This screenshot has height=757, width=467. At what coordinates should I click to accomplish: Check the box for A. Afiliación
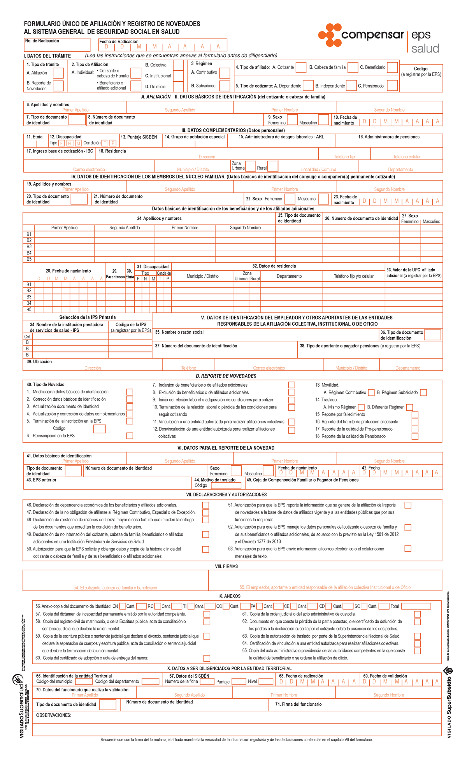coord(58,73)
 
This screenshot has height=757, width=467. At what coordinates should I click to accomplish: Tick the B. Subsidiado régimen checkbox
coord(225,86)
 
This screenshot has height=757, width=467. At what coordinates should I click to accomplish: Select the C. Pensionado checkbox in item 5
coord(392,86)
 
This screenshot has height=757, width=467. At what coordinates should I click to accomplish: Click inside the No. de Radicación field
coord(57,46)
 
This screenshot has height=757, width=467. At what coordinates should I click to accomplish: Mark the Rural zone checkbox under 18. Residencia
coord(273,166)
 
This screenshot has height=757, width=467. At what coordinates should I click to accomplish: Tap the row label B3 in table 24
coord(29,247)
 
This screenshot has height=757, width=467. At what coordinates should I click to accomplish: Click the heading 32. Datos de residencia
coord(274,266)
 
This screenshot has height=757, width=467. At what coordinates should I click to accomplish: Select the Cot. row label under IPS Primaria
coord(28,336)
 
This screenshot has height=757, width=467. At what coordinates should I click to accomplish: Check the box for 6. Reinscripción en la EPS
coord(130,436)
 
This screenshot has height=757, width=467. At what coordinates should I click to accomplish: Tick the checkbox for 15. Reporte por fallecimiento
coord(415,415)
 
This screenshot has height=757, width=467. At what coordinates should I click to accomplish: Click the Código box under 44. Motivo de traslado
coord(227,485)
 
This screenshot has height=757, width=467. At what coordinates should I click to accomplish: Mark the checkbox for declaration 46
coord(205,505)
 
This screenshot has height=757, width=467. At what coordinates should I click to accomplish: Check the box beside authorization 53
coord(407,548)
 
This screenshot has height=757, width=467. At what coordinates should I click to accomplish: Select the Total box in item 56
coord(416,606)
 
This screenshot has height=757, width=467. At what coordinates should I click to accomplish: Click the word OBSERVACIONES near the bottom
coord(54,715)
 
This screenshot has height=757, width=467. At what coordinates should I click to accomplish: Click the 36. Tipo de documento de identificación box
coord(432,335)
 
